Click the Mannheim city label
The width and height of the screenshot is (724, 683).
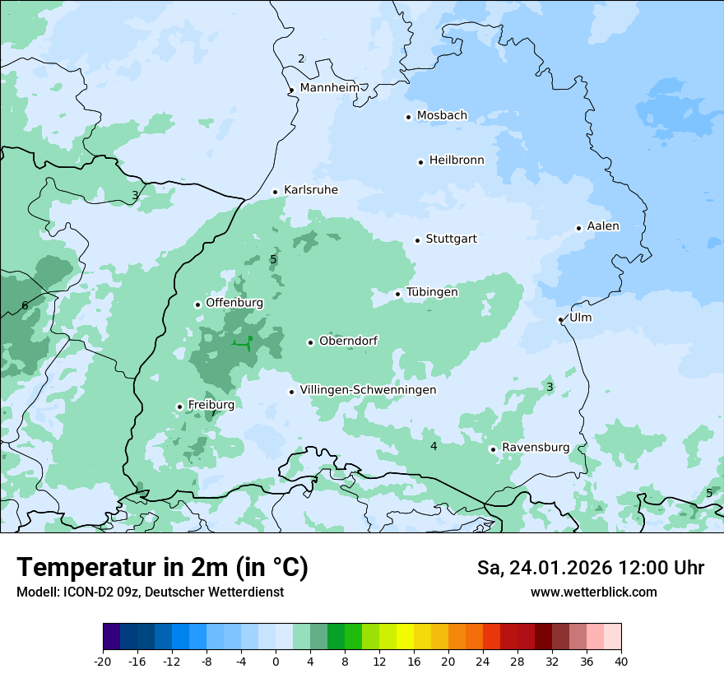(330, 88)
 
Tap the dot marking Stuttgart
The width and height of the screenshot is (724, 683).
(417, 240)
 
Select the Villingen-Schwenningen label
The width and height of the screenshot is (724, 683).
(368, 390)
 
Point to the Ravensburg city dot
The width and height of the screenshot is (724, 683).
(493, 449)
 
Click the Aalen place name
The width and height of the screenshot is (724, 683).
(603, 226)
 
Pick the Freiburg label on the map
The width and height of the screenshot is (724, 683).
(211, 405)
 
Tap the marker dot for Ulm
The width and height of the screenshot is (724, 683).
(560, 319)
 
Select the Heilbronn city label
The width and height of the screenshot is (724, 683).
(457, 160)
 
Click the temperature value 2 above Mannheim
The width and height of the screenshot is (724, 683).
(301, 58)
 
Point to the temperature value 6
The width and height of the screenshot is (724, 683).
(25, 306)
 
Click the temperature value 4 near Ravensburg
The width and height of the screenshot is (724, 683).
(434, 446)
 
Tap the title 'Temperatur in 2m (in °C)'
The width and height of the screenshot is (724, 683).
(162, 568)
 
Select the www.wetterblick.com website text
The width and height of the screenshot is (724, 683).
(593, 592)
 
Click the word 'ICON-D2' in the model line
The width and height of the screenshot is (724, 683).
(84, 592)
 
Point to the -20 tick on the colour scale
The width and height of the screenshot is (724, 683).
(103, 661)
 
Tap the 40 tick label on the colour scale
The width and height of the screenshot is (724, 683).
(621, 661)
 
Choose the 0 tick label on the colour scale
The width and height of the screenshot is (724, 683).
(276, 661)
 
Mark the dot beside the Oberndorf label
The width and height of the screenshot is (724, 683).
(310, 342)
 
